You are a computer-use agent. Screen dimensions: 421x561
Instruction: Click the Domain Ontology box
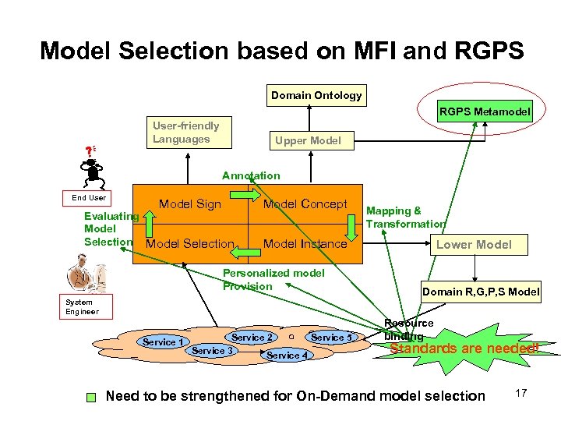tap(316, 96)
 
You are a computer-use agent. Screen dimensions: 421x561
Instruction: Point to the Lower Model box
tap(473, 245)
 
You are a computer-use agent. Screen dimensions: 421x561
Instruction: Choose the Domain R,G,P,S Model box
tap(480, 292)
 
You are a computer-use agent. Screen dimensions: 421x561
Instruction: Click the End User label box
tap(89, 198)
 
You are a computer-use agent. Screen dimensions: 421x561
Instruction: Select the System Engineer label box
tap(82, 306)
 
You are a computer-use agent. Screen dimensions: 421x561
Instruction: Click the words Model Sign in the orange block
tap(190, 204)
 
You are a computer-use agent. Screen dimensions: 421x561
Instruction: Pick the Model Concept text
tap(305, 204)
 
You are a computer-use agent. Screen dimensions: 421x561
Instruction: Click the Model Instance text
tap(305, 244)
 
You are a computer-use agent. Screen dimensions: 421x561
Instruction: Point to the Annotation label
tap(251, 176)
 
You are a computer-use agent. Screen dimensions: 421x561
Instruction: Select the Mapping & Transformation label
tap(405, 218)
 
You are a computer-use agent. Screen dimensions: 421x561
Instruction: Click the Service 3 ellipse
tap(213, 351)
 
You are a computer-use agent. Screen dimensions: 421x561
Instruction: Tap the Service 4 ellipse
tap(287, 356)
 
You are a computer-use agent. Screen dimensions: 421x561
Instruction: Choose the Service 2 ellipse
tap(252, 338)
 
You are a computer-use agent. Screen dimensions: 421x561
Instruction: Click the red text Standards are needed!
tap(464, 348)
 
